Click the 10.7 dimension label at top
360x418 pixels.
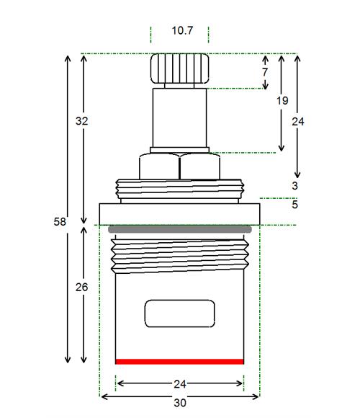pyautogui.click(x=182, y=30)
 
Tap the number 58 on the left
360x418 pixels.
pyautogui.click(x=60, y=221)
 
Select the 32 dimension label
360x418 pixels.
pyautogui.click(x=81, y=121)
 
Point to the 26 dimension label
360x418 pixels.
pyautogui.click(x=81, y=287)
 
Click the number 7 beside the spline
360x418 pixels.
pyautogui.click(x=265, y=72)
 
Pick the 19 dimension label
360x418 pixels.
pyautogui.click(x=282, y=101)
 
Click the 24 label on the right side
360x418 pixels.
pyautogui.click(x=298, y=122)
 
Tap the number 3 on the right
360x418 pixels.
pyautogui.click(x=294, y=185)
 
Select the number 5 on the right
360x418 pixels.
pyautogui.click(x=294, y=205)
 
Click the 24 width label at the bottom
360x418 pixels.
pyautogui.click(x=180, y=384)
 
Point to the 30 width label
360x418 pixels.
pyautogui.click(x=180, y=403)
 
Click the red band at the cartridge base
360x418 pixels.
pyautogui.click(x=179, y=362)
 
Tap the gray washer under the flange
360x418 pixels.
pyautogui.click(x=180, y=229)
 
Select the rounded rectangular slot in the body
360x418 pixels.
pyautogui.click(x=179, y=313)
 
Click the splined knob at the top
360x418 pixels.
pyautogui.click(x=179, y=68)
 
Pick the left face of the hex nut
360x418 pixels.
pyautogui.click(x=159, y=166)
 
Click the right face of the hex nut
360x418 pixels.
pyautogui.click(x=200, y=166)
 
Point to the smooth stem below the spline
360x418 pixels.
pyautogui.click(x=179, y=117)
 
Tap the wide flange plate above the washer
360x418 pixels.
pyautogui.click(x=179, y=214)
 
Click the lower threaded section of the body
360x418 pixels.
pyautogui.click(x=180, y=256)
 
